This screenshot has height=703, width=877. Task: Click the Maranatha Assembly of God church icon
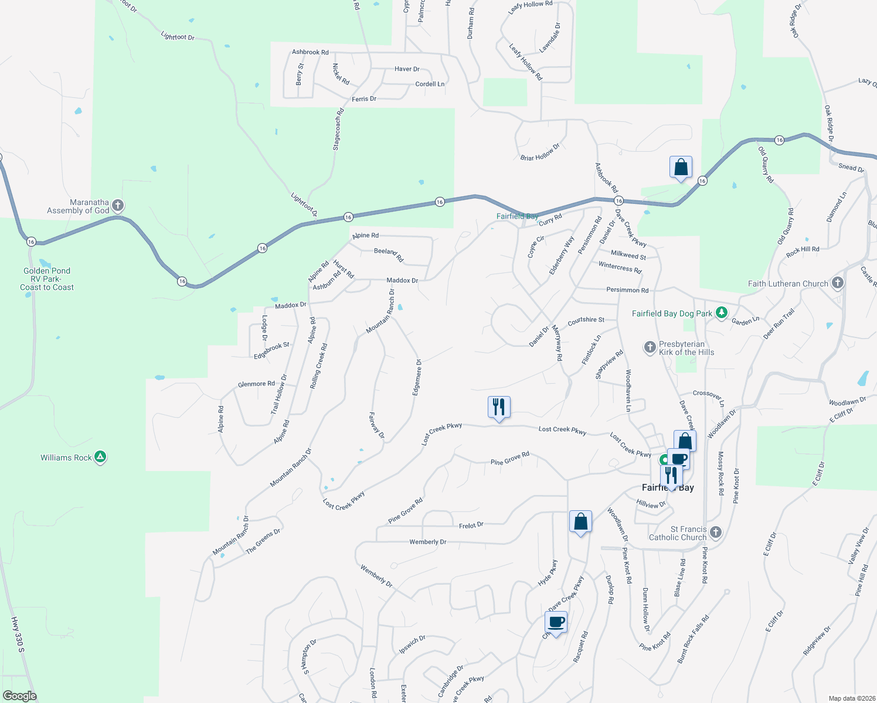point(118,205)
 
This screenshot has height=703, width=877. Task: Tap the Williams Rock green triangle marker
point(100,457)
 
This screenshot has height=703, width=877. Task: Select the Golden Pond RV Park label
point(47,279)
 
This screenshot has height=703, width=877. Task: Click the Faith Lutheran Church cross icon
point(838,283)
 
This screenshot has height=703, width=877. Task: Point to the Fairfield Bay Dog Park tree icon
point(722,313)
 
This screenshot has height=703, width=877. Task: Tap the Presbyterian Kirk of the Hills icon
point(650,347)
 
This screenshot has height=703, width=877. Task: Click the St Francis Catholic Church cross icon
point(715,532)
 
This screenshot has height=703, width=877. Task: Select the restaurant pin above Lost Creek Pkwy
point(499,407)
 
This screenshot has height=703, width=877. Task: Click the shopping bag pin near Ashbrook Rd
point(681,168)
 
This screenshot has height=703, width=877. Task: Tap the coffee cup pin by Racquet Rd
point(556,622)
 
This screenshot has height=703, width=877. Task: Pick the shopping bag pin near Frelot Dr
point(580,521)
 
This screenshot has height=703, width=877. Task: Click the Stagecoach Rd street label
point(338,129)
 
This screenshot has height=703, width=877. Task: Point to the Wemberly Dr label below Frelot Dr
point(428,542)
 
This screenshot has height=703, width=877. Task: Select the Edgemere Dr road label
point(417,377)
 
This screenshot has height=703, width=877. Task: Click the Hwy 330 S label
point(18,634)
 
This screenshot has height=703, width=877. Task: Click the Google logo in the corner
point(19,696)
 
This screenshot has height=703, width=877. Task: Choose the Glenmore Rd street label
point(256,384)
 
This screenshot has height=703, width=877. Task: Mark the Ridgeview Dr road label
point(817,641)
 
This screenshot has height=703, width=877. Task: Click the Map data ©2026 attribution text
point(850,698)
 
